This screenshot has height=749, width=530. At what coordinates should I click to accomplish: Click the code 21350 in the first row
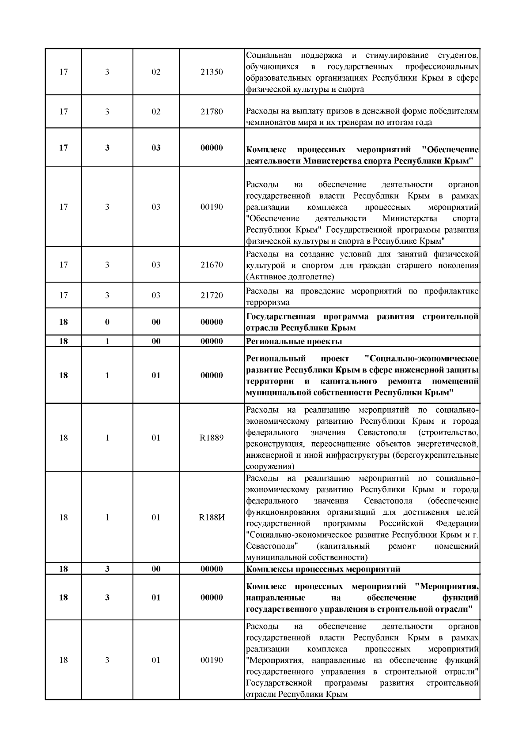pyautogui.click(x=212, y=72)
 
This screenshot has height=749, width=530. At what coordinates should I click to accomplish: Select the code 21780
pyautogui.click(x=212, y=111)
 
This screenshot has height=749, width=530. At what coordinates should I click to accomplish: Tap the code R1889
pyautogui.click(x=212, y=438)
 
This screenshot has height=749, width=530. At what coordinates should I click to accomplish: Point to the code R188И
pyautogui.click(x=212, y=517)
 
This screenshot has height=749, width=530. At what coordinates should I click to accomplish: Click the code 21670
pyautogui.click(x=212, y=265)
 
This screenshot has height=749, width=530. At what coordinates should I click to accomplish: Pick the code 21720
pyautogui.click(x=212, y=295)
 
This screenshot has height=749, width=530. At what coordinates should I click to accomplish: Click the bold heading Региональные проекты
pyautogui.click(x=294, y=341)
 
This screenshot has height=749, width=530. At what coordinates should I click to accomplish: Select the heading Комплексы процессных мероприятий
pyautogui.click(x=323, y=569)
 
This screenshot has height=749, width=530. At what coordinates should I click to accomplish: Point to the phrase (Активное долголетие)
pyautogui.click(x=290, y=277)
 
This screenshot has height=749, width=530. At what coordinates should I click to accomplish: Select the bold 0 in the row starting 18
pyautogui.click(x=107, y=322)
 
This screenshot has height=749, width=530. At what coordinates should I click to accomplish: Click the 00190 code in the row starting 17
pyautogui.click(x=212, y=207)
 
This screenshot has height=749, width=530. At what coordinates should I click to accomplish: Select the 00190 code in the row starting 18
pyautogui.click(x=212, y=660)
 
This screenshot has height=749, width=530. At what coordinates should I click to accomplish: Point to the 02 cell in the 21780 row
pyautogui.click(x=156, y=111)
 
